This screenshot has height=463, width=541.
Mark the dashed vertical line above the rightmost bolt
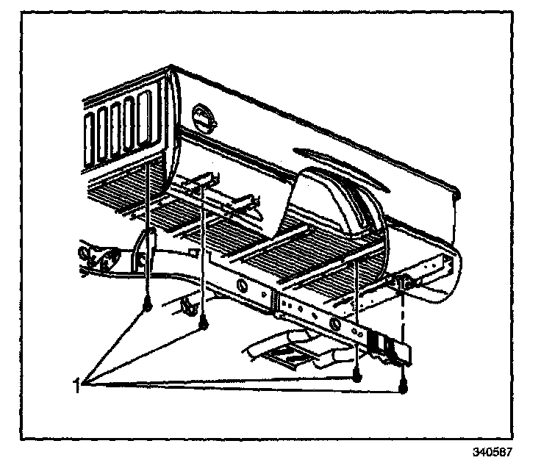(x=403, y=338)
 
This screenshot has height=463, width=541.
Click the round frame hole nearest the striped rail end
(x=335, y=324)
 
